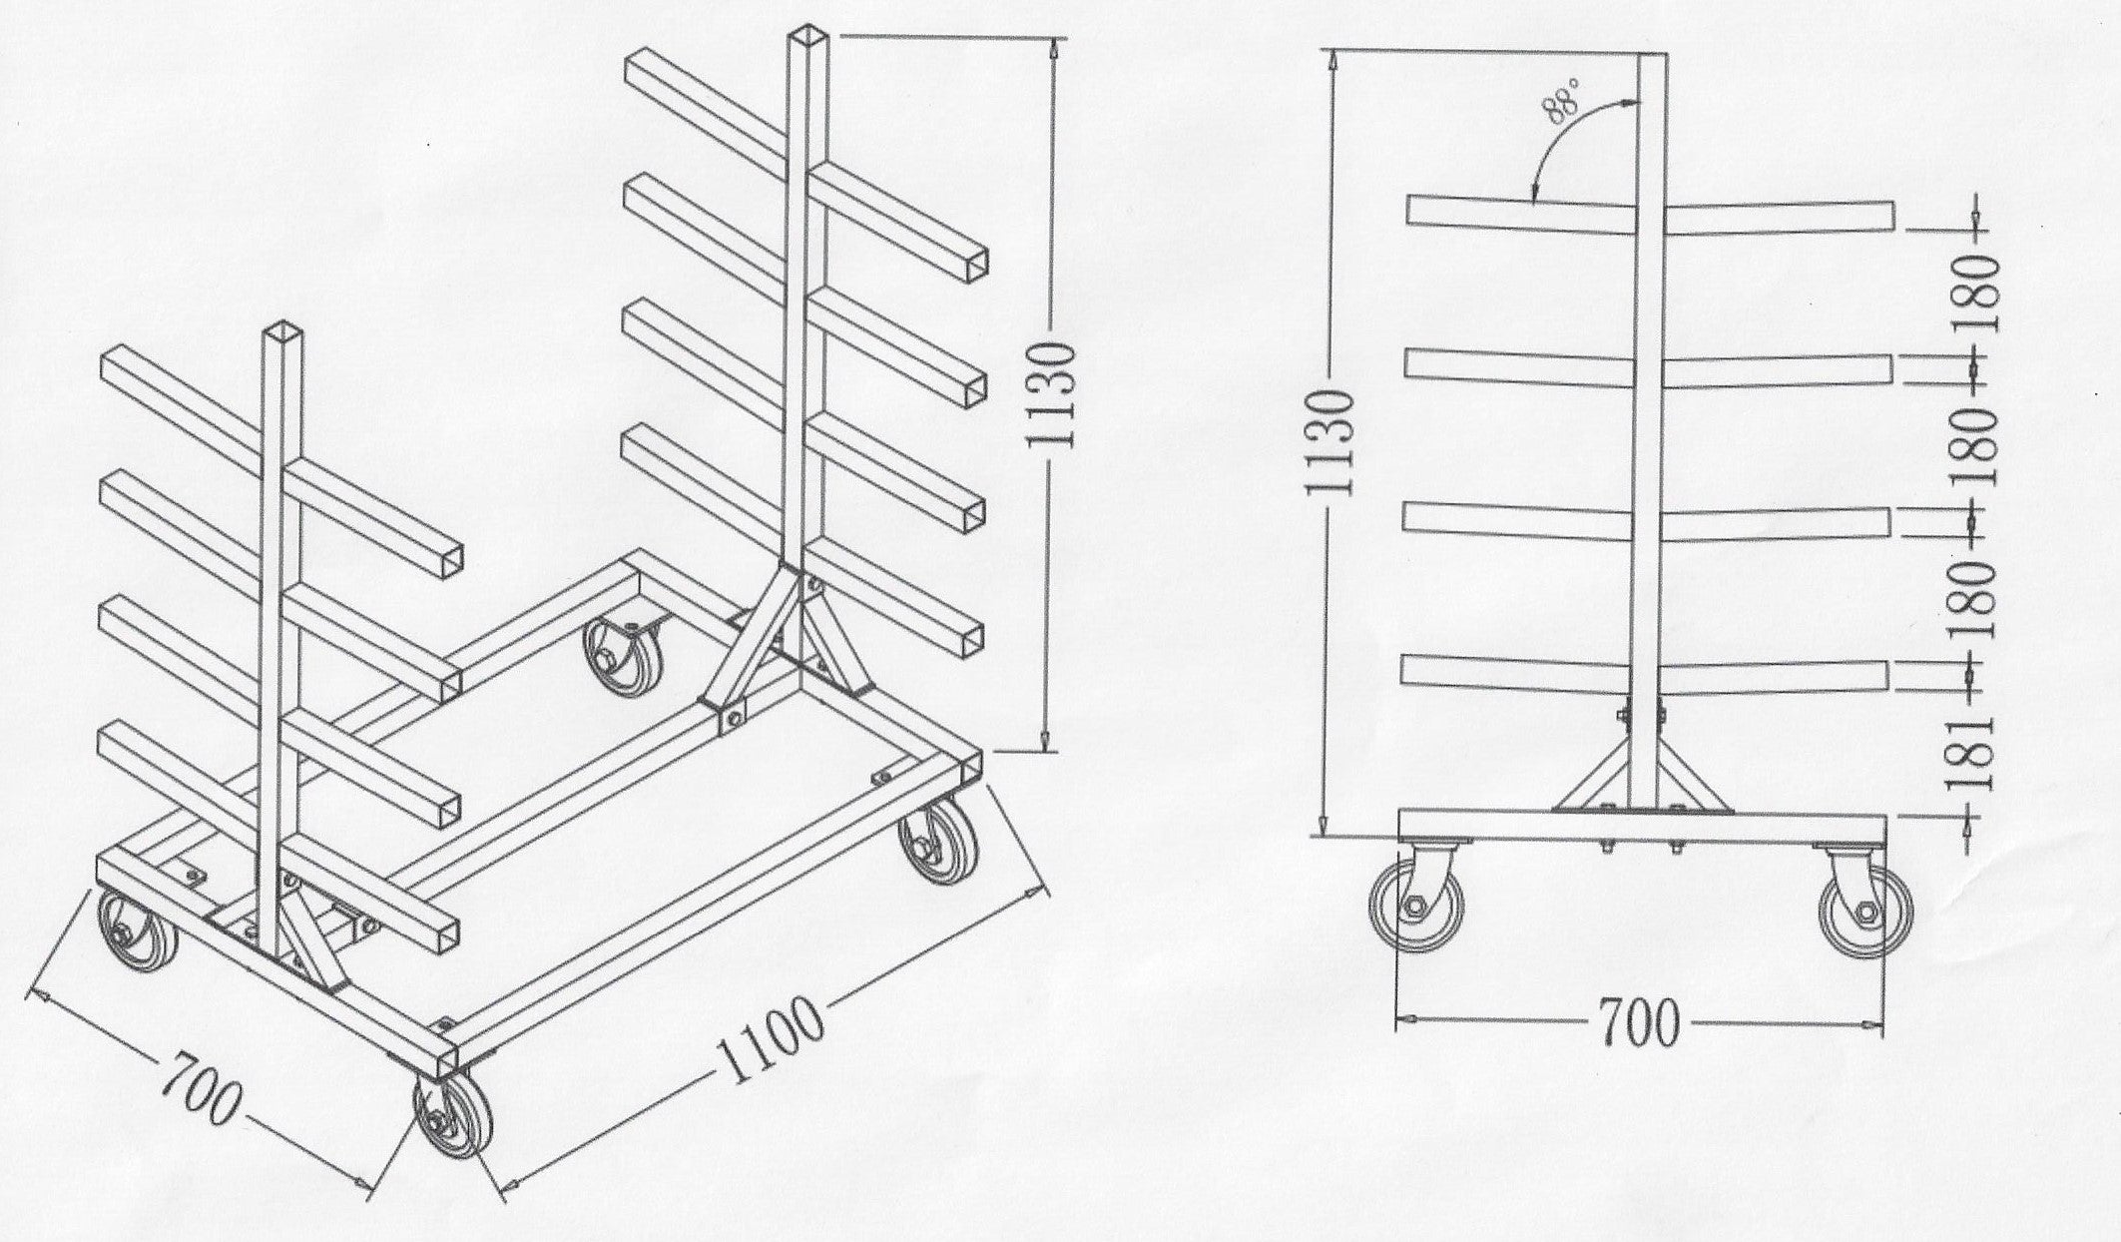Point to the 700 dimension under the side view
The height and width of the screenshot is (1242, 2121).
pyautogui.click(x=1639, y=1023)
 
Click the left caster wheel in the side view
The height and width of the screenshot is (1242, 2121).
pyautogui.click(x=1417, y=907)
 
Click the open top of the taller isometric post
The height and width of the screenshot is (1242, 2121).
pyautogui.click(x=804, y=37)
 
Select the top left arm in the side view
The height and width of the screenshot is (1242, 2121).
pyautogui.click(x=1523, y=213)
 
